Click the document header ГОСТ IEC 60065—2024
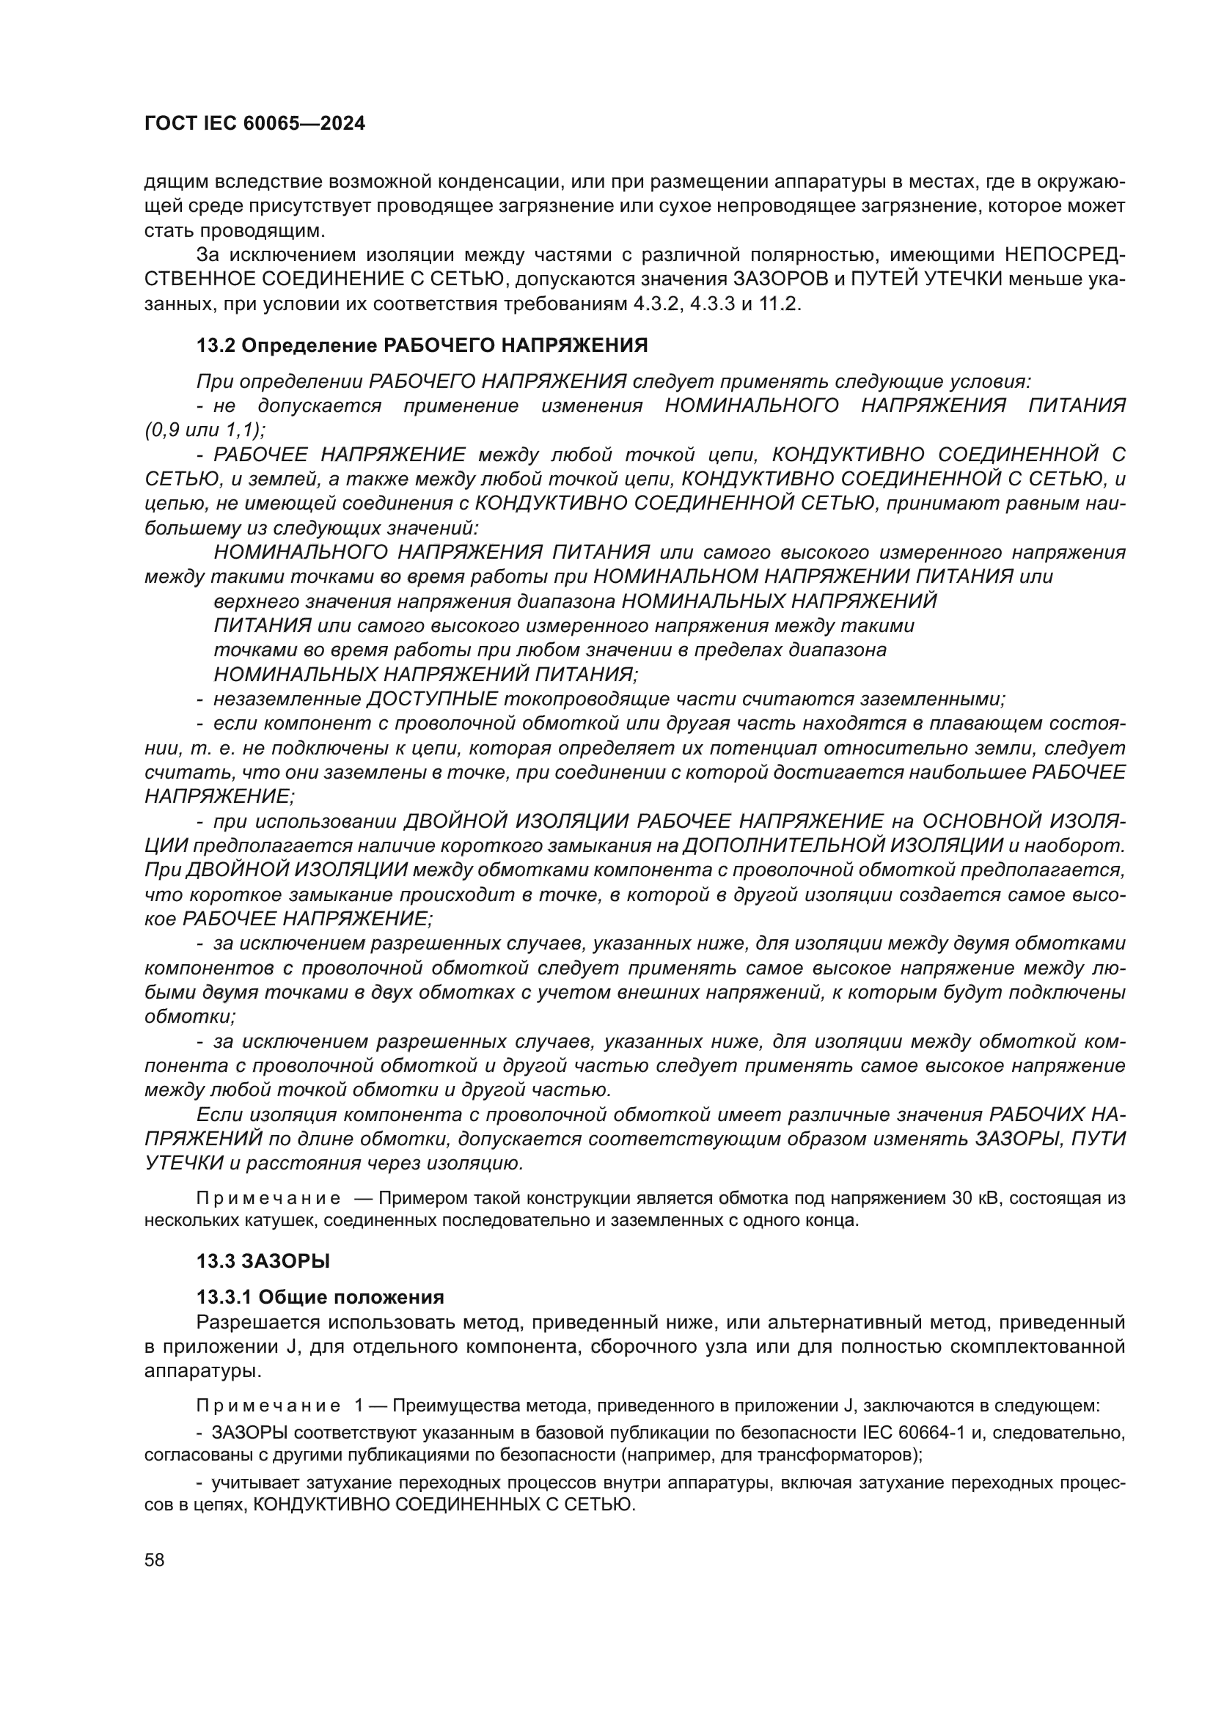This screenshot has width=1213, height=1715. point(254,124)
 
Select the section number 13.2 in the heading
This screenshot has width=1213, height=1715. point(216,346)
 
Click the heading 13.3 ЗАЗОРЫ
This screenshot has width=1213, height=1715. point(263,1262)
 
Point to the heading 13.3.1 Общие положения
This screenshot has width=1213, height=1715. point(320,1298)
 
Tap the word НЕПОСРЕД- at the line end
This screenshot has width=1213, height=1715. point(1064,255)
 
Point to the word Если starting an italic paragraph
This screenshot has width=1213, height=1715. point(219,1115)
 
